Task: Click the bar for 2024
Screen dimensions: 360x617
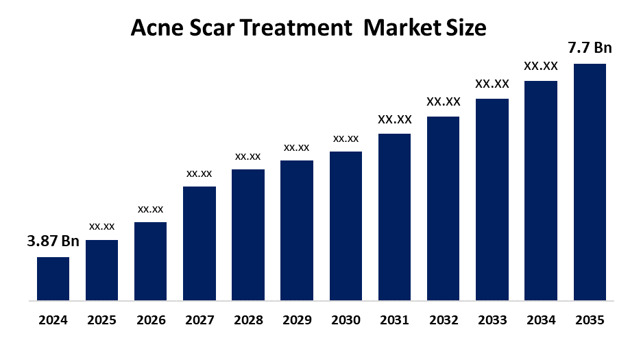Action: [53, 278]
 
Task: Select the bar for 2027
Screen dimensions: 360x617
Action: [199, 243]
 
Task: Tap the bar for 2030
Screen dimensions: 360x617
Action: [346, 226]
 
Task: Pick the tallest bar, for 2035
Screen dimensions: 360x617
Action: [590, 182]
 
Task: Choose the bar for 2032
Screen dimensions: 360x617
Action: [443, 208]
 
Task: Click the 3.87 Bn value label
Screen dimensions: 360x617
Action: [53, 241]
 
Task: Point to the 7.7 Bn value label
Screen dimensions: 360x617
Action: [590, 48]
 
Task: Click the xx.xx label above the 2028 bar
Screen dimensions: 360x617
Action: [248, 156]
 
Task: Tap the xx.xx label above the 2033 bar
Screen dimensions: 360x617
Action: [492, 84]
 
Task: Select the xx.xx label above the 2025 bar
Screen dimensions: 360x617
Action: [101, 226]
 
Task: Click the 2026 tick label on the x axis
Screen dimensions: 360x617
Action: [150, 320]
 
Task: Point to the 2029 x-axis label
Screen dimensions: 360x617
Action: [297, 320]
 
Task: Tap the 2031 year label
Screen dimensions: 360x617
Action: [394, 320]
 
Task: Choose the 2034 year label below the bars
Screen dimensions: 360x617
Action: [541, 320]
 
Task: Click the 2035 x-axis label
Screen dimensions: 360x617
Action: [590, 320]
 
